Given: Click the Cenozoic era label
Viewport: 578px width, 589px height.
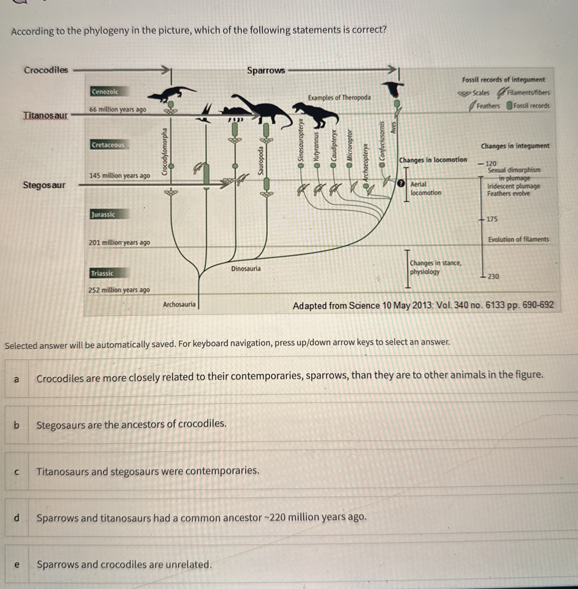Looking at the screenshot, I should pos(105,92).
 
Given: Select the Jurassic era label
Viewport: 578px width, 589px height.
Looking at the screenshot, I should pos(103,214).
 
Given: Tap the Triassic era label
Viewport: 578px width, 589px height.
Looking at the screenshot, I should pos(102,273).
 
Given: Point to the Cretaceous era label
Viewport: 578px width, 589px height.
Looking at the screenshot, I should pos(108,145).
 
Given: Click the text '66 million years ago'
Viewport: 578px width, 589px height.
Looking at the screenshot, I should pos(118,109).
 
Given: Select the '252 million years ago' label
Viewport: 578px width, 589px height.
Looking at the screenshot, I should pos(119,290).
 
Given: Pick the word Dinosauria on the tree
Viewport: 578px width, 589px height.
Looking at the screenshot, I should pos(246,268).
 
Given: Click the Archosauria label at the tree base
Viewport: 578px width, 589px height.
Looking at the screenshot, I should pos(179,304).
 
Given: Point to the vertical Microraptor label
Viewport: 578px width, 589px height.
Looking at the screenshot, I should pos(350,145).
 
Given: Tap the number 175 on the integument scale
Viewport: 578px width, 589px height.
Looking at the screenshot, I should pos(492,219).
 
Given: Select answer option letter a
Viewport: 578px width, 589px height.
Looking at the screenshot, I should pos(17,379).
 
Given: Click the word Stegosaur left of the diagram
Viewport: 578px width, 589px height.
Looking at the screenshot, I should pos(44,185).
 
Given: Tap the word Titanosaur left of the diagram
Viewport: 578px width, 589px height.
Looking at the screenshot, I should pos(46,115).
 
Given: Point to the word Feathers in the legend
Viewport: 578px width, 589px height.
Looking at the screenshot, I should pos(488,106).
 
